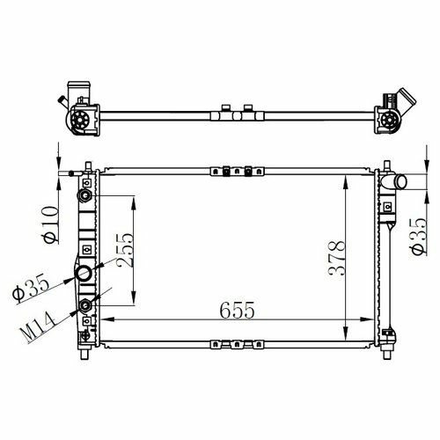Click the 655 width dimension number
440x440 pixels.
237,310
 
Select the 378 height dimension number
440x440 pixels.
336,258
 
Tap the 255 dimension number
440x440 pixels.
125,250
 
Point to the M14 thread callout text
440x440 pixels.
38,327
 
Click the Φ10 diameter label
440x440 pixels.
51,225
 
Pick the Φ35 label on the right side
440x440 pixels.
418,237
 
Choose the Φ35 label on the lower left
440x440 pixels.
31,287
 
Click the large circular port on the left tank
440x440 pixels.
84,274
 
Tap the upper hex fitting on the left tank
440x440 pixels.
84,195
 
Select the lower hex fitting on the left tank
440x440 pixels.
85,306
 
